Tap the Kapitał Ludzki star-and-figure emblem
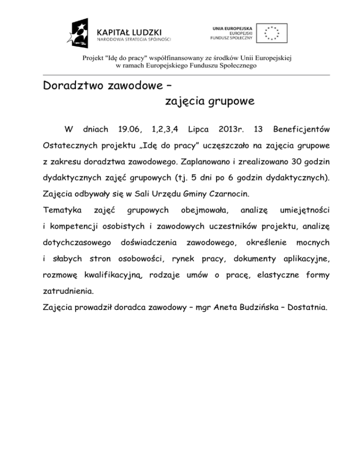80,33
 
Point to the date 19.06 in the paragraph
130,128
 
